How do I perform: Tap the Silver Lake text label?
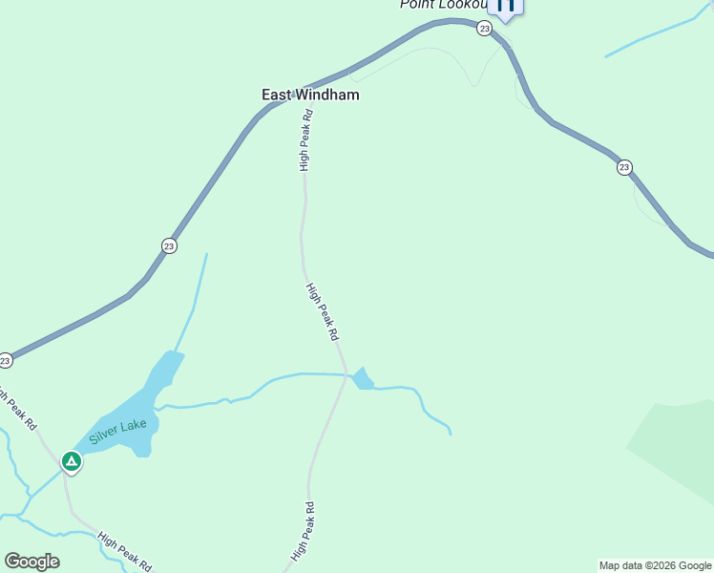[x=121, y=430]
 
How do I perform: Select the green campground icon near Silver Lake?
[x=71, y=462]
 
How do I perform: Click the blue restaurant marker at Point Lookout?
[x=505, y=6]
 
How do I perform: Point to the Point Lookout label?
[x=443, y=5]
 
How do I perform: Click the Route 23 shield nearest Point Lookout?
[x=485, y=29]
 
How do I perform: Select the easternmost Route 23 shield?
[x=623, y=167]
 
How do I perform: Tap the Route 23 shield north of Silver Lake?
[x=169, y=245]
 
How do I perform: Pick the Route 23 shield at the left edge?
[x=5, y=360]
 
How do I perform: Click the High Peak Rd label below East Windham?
[x=305, y=140]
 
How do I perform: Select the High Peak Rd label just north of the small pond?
[x=323, y=311]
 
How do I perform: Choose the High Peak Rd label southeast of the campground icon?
[x=124, y=551]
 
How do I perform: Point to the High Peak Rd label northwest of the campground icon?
[x=19, y=406]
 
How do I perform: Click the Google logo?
[x=31, y=562]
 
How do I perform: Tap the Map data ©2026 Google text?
[x=656, y=565]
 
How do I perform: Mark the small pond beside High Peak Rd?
[x=362, y=379]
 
